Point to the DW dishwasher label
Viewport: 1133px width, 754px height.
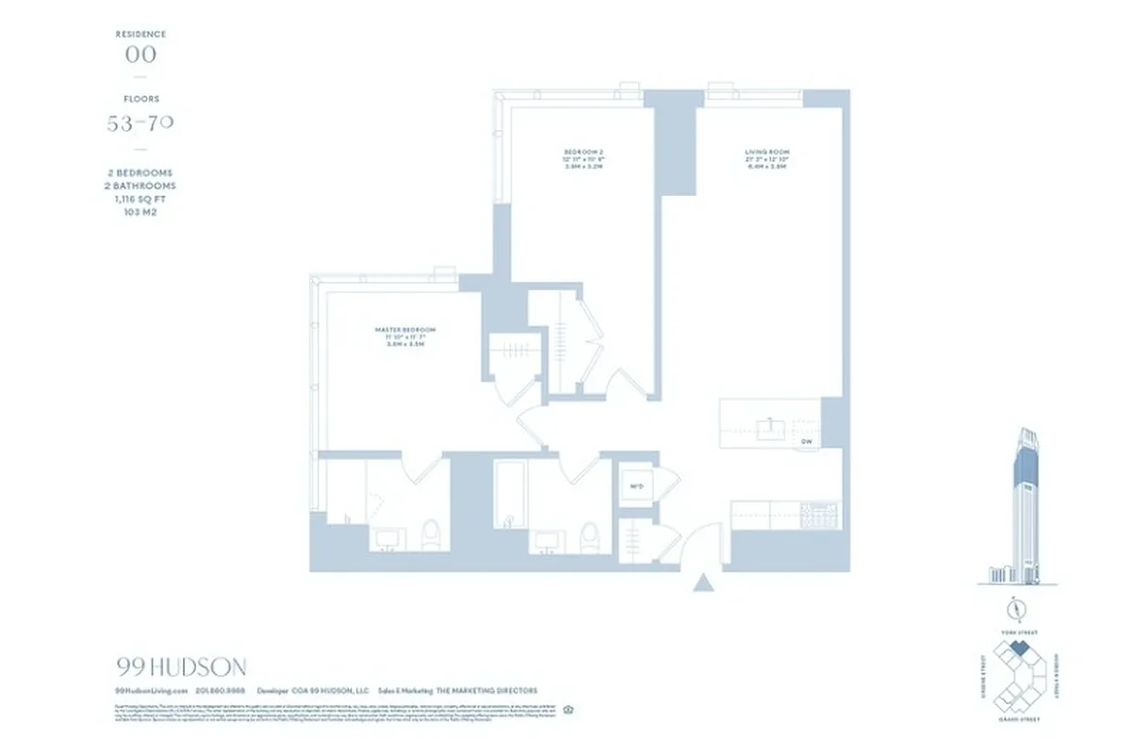[x=806, y=441]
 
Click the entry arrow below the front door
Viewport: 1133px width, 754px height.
[x=701, y=583]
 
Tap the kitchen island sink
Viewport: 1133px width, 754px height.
[x=771, y=429]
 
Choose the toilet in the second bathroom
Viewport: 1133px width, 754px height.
[x=588, y=534]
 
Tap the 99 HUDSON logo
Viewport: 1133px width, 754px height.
[x=181, y=667]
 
